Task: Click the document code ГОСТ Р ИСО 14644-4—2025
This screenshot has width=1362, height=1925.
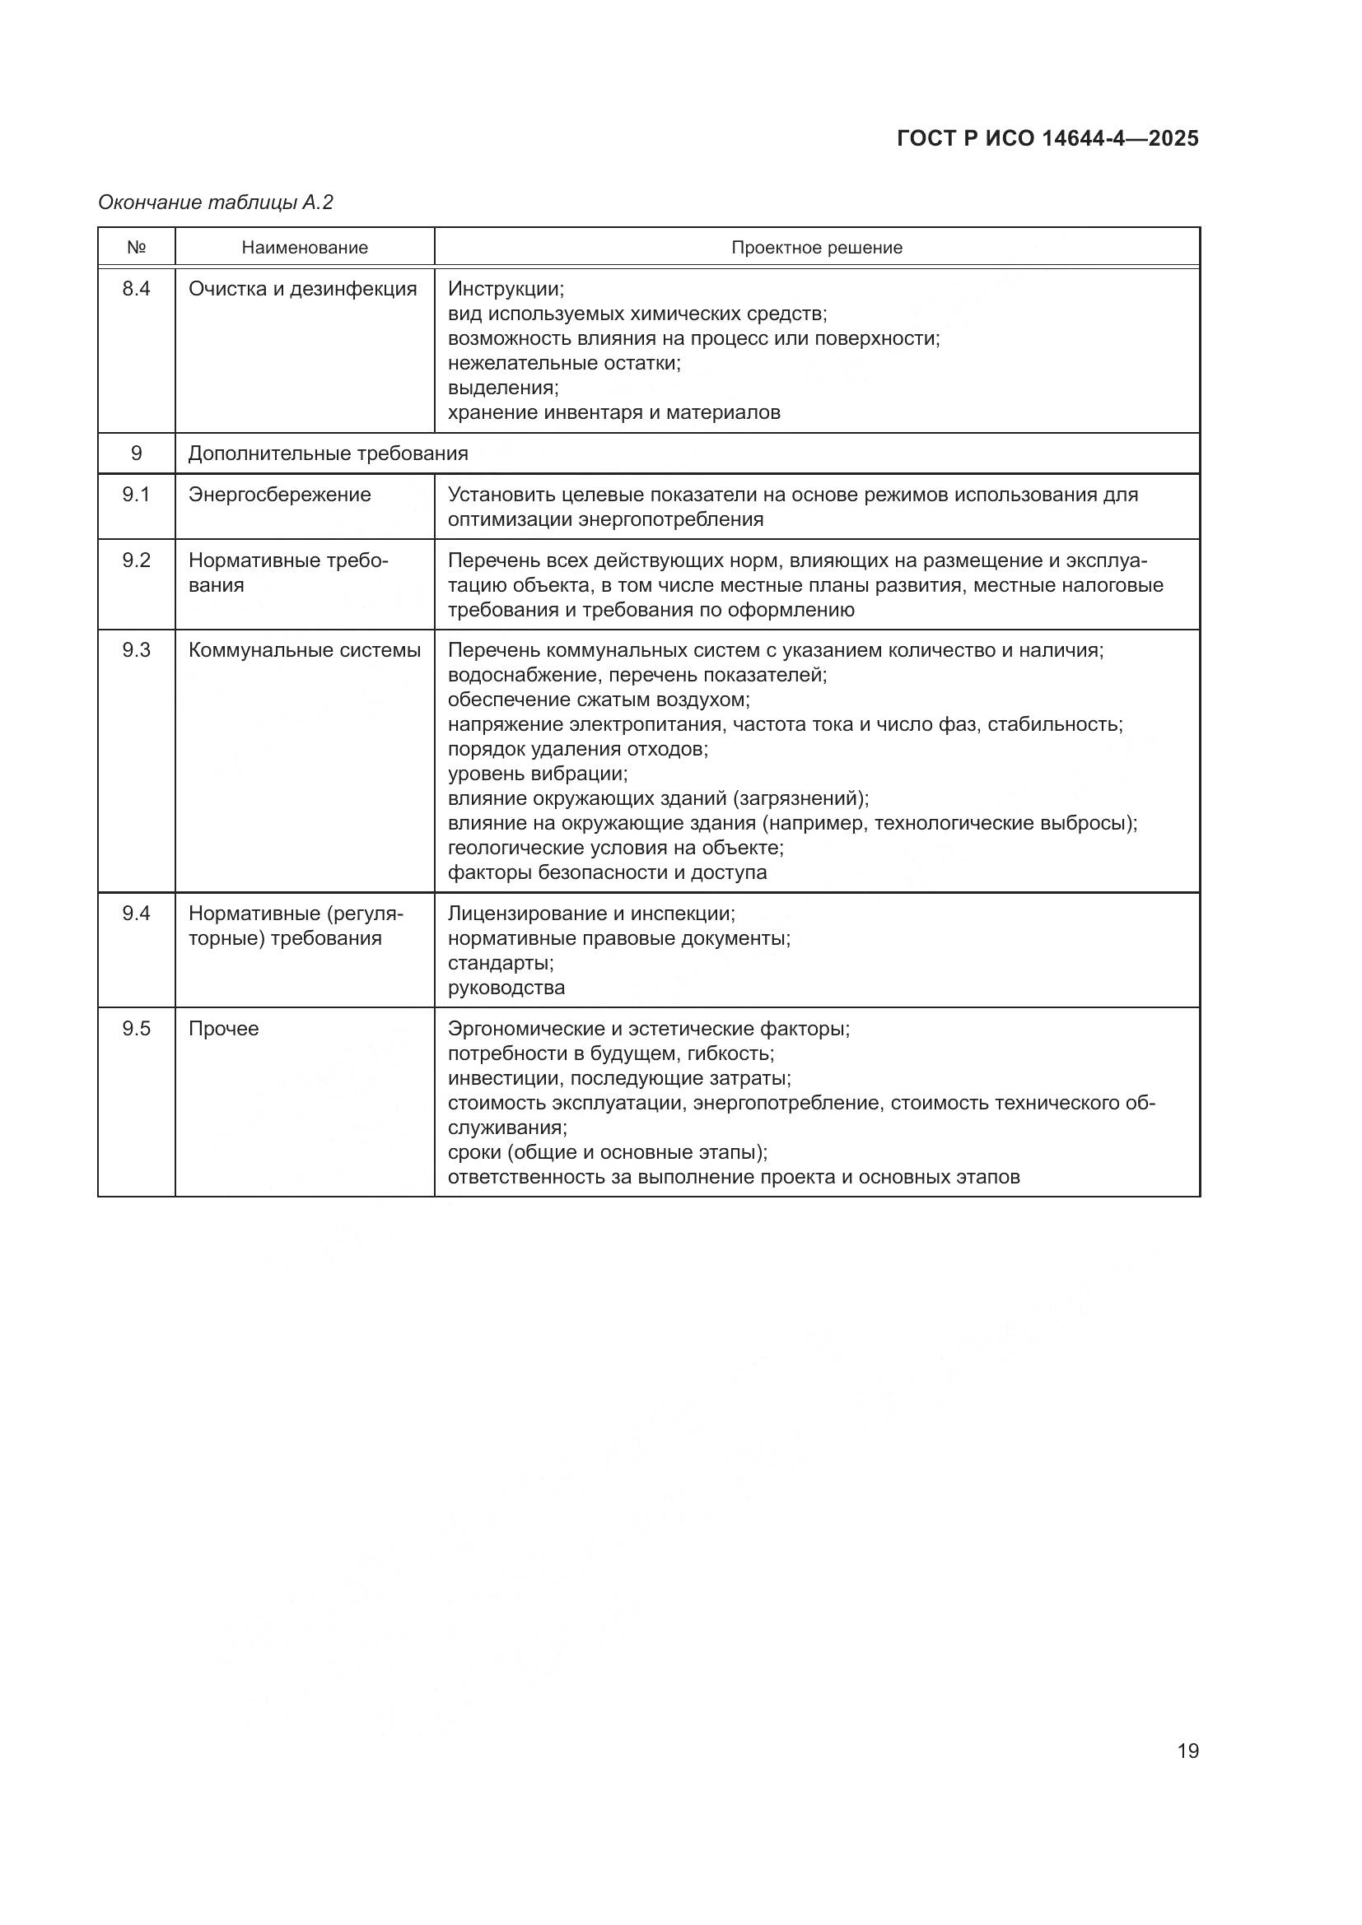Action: click(x=1047, y=139)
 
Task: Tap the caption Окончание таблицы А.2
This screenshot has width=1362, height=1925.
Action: click(x=216, y=202)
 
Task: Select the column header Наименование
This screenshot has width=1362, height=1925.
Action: click(x=305, y=248)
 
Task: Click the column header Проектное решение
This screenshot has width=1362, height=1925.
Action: click(x=816, y=248)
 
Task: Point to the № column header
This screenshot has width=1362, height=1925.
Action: click(x=137, y=248)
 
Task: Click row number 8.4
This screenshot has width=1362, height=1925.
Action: click(x=137, y=289)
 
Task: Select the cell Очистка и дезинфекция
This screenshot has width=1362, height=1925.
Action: click(x=302, y=289)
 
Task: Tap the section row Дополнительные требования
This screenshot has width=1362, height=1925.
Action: click(x=328, y=453)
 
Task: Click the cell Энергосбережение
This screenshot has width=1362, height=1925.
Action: click(x=279, y=495)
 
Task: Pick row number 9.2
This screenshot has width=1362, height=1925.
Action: click(x=137, y=560)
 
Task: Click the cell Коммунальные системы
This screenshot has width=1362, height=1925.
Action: click(x=305, y=651)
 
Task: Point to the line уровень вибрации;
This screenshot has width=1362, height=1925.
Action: click(x=538, y=774)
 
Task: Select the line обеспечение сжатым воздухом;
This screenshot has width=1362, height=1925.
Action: click(x=599, y=700)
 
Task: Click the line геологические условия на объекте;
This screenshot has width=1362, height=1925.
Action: click(x=616, y=848)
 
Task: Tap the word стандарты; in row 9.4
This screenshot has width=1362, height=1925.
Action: click(x=501, y=963)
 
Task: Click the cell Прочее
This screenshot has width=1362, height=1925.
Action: click(x=223, y=1029)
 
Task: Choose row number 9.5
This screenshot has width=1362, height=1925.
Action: click(x=137, y=1029)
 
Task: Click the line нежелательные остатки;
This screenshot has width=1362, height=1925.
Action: click(x=563, y=363)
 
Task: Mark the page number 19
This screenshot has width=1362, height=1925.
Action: click(x=1187, y=1751)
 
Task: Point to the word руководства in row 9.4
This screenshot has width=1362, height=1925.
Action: click(x=506, y=988)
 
